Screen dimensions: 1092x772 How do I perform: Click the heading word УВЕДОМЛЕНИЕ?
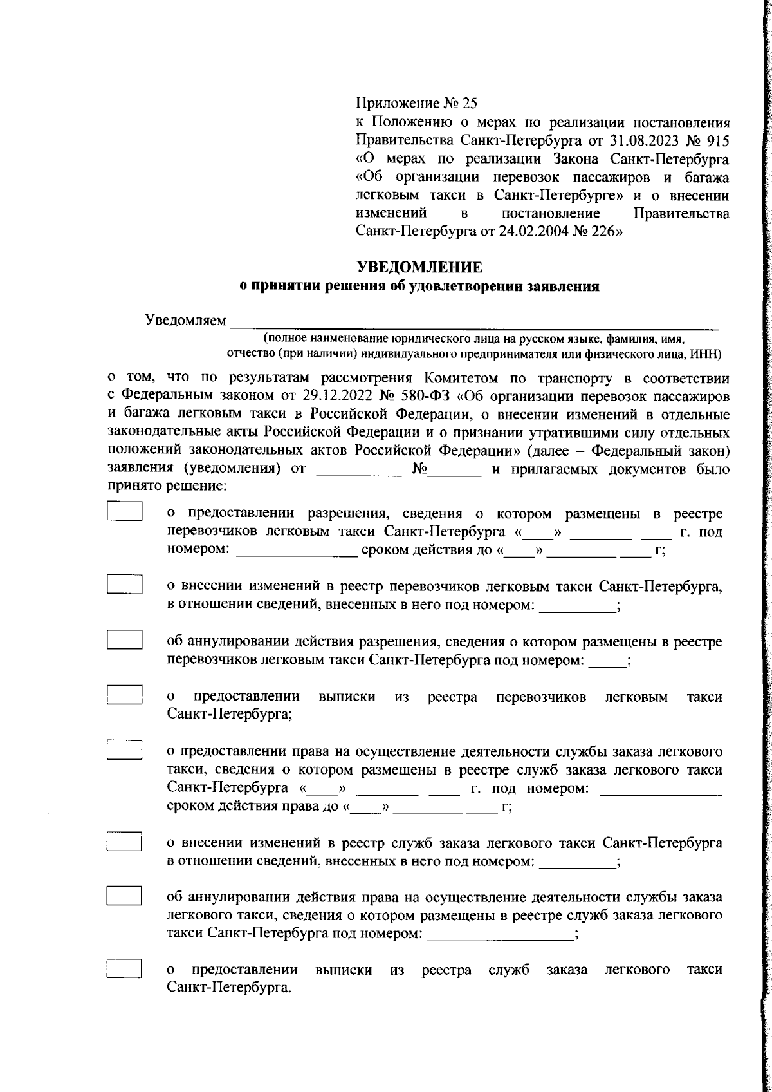[419, 267]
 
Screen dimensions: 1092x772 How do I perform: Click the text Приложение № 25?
[418, 103]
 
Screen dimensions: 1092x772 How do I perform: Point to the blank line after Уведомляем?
[474, 321]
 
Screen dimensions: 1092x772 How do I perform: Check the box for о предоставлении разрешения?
[124, 511]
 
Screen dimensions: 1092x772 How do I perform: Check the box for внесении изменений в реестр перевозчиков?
[124, 583]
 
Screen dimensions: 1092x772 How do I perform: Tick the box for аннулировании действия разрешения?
[124, 639]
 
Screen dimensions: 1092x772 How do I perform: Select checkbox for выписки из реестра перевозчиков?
[124, 695]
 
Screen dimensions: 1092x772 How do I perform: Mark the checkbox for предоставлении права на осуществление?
[124, 749]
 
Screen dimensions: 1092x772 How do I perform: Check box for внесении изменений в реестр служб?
[124, 841]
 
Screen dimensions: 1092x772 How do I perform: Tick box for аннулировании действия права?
[124, 896]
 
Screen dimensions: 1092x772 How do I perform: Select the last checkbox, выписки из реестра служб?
[124, 970]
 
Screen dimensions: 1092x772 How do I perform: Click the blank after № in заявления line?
[455, 470]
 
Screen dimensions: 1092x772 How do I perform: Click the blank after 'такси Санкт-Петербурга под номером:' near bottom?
[500, 934]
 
